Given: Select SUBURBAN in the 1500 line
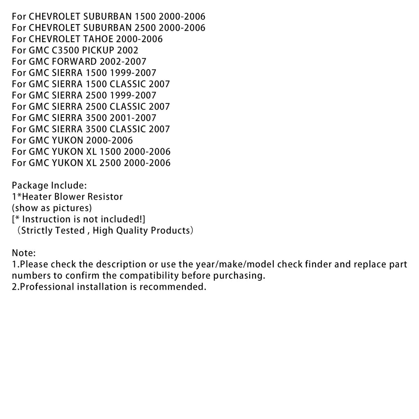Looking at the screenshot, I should (x=108, y=16).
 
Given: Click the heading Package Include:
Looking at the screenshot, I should (x=49, y=185).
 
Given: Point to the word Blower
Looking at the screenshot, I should (x=72, y=196).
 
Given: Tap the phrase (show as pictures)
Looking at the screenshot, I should (x=52, y=208).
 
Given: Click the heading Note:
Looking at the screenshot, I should (x=24, y=253).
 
